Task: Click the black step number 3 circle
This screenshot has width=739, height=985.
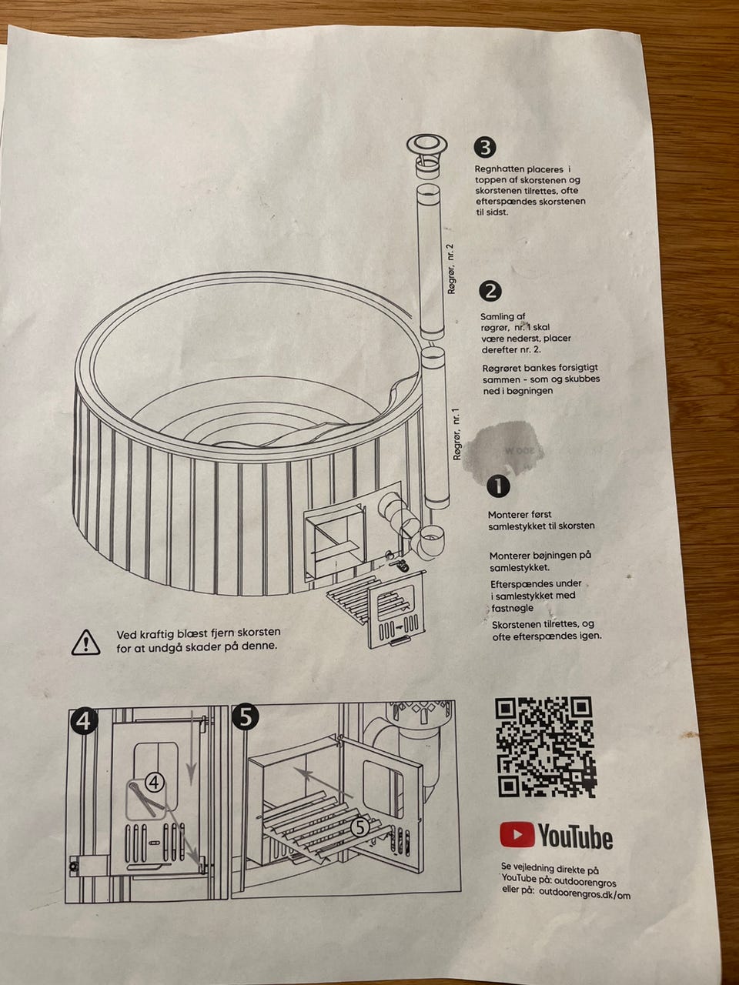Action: coord(485,148)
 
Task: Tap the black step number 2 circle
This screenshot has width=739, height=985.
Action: coord(490,292)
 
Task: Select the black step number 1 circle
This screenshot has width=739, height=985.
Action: coord(499,486)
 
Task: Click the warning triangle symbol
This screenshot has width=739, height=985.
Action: coord(85,642)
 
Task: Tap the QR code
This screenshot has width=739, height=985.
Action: coord(545,748)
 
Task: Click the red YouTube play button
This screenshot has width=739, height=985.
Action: coord(517,835)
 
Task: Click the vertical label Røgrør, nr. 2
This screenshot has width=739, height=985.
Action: coord(451,269)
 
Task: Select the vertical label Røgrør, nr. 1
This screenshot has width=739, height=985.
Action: coord(457,434)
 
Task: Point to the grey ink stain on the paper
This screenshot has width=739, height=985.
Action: coord(503,448)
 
